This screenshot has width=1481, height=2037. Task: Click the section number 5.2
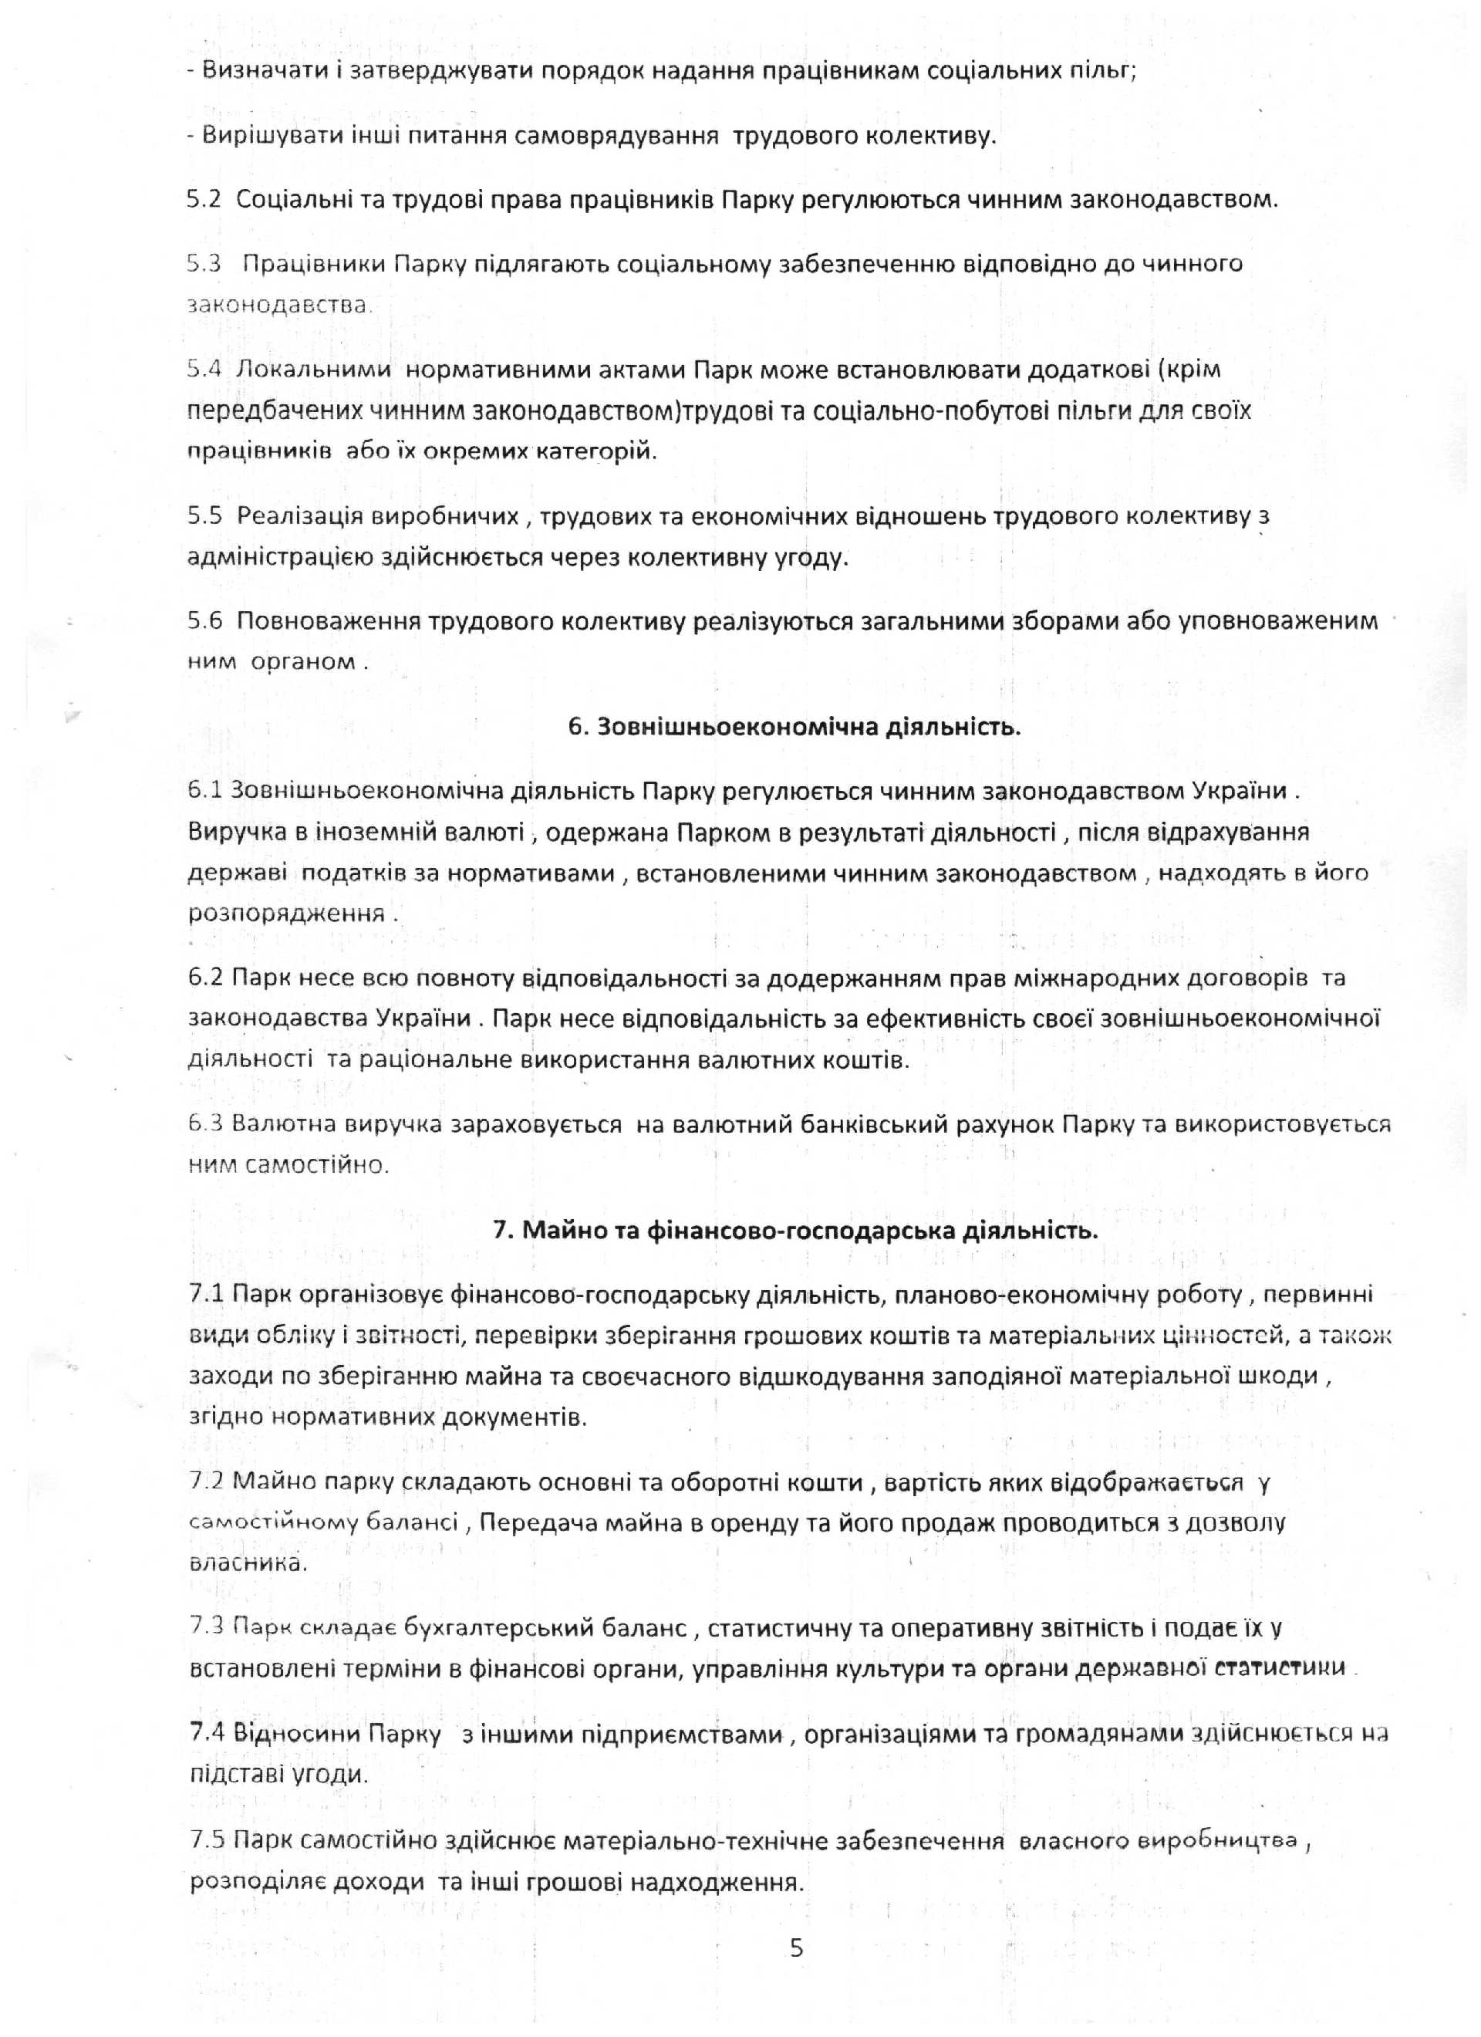(x=204, y=199)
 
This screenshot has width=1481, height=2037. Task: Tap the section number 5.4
(x=204, y=369)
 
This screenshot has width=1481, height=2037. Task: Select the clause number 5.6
(x=204, y=623)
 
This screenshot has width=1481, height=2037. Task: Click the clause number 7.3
(x=207, y=1627)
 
